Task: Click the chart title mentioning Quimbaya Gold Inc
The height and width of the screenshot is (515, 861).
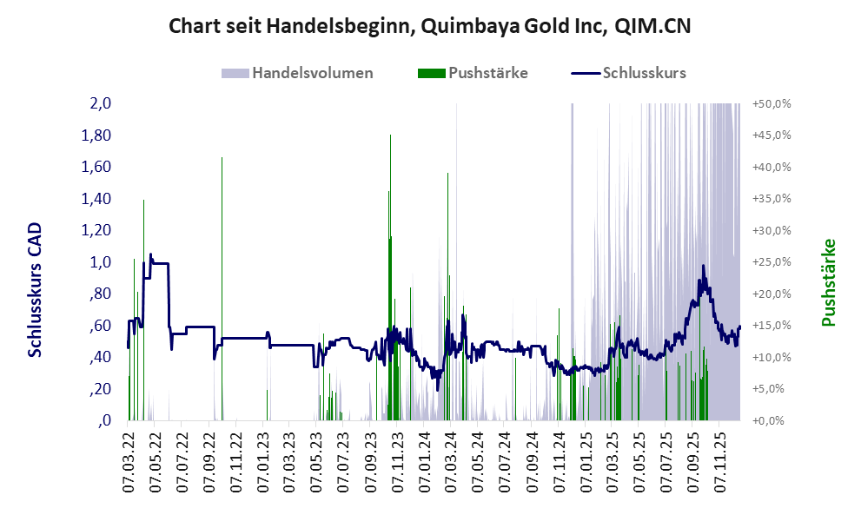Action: (430, 26)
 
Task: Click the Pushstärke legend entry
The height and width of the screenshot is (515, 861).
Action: (474, 73)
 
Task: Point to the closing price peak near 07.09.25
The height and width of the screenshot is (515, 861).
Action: (702, 267)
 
